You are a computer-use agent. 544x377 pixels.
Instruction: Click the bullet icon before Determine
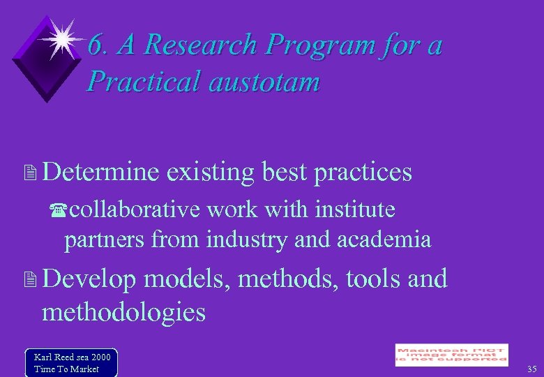point(29,172)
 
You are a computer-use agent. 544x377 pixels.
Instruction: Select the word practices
point(363,172)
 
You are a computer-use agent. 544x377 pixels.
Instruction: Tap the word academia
point(384,239)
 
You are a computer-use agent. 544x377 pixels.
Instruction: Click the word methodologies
point(124,311)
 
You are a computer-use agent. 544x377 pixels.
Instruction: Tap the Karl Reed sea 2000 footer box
point(70,362)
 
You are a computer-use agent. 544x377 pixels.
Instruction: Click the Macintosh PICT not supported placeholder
point(451,355)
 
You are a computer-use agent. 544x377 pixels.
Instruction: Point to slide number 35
point(531,369)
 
